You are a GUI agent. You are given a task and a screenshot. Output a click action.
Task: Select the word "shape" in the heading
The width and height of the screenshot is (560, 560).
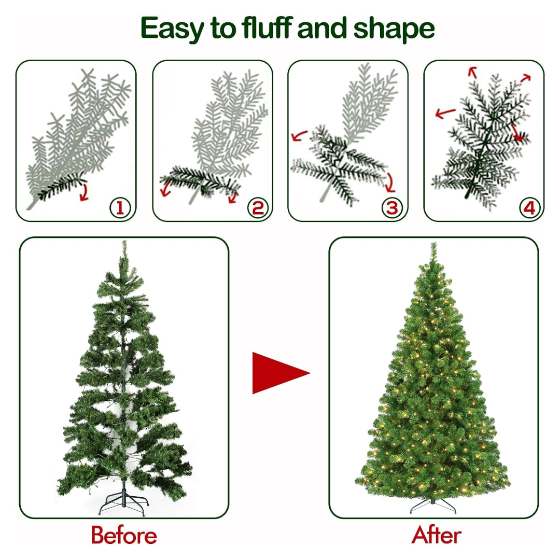click(394, 29)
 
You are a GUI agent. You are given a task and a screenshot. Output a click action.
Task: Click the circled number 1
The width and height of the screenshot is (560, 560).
click(120, 207)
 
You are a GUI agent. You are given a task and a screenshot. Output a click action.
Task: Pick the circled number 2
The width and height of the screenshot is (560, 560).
click(258, 207)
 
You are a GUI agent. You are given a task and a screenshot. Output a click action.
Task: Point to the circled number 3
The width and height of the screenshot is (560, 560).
click(392, 207)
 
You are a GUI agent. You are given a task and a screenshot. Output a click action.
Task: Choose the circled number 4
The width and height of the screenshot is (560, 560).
click(529, 207)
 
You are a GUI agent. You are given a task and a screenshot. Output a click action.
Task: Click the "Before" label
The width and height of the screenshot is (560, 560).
click(124, 535)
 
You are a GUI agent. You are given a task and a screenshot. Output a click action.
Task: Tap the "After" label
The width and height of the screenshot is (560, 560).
click(436, 535)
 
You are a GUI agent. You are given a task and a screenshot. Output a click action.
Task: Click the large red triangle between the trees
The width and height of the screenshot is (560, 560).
click(275, 373)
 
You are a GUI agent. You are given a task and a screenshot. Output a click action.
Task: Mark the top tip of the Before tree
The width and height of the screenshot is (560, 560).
click(124, 241)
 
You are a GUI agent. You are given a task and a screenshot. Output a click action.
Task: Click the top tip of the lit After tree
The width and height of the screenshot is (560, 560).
click(433, 243)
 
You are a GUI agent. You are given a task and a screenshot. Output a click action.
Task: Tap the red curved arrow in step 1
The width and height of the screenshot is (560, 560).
click(85, 193)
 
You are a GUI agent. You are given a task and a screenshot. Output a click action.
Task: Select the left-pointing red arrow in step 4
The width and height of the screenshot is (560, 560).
click(445, 114)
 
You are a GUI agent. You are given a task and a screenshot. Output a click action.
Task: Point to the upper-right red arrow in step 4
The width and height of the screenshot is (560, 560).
click(526, 77)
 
